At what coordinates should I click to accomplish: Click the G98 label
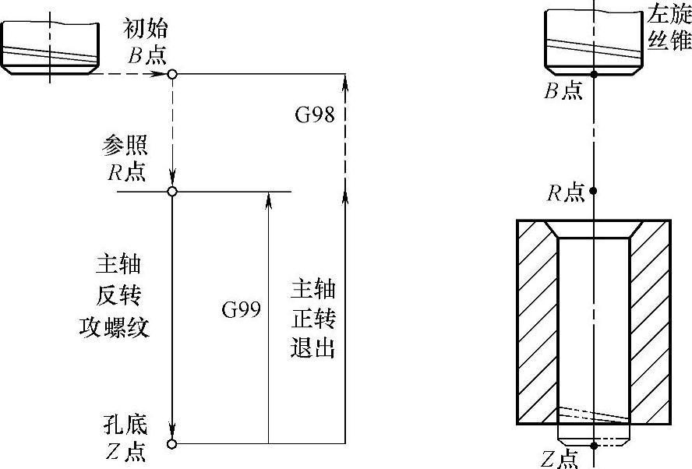314,115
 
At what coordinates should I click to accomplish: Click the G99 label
240,310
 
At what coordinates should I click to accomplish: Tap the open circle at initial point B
172,74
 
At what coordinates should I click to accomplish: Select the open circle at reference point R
172,192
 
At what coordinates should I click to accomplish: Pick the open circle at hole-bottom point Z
172,444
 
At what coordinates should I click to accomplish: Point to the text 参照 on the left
125,146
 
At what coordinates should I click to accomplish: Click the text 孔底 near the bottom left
125,425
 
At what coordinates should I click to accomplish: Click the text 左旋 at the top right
669,13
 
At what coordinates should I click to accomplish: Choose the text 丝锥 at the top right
669,39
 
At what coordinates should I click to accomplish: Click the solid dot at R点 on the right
594,191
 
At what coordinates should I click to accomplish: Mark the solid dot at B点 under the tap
594,75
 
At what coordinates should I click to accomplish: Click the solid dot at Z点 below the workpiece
594,446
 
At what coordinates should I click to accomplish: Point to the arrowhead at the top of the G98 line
344,80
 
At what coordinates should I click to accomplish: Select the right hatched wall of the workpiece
650,327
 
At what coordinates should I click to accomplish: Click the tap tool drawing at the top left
51,47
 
